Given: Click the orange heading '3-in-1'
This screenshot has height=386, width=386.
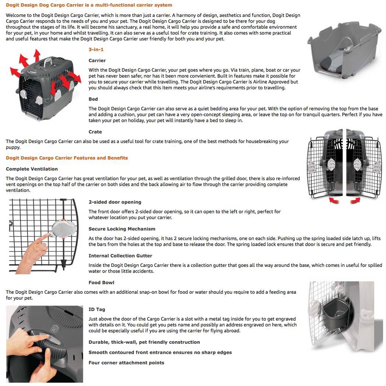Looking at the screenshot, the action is pyautogui.click(x=96, y=49).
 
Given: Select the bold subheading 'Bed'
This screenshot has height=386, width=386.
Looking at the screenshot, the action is pyautogui.click(x=93, y=99).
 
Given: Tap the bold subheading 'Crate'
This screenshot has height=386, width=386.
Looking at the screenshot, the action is pyautogui.click(x=95, y=132).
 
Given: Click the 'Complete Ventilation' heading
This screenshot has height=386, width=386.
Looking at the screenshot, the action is pyautogui.click(x=32, y=169).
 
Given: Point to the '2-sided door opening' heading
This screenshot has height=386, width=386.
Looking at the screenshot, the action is pyautogui.click(x=115, y=202).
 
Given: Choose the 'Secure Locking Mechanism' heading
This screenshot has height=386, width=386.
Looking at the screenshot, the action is pyautogui.click(x=122, y=229).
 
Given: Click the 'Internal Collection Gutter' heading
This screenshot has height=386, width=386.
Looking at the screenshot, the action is pyautogui.click(x=120, y=256).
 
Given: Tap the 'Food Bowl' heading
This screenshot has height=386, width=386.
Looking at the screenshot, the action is pyautogui.click(x=101, y=283).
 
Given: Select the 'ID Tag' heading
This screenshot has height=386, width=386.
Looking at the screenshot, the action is pyautogui.click(x=97, y=309).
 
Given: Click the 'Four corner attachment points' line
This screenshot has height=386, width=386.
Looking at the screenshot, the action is pyautogui.click(x=126, y=363).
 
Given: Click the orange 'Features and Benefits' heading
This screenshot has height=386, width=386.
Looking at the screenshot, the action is pyautogui.click(x=67, y=158).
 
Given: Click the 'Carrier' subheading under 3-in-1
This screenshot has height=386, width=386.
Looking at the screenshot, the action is pyautogui.click(x=97, y=61).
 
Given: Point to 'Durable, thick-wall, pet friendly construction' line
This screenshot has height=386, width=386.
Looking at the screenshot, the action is pyautogui.click(x=144, y=342).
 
